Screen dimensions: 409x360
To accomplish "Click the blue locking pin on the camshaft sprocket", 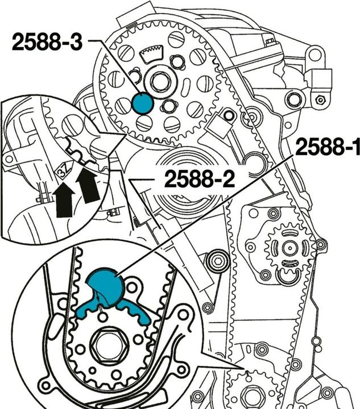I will pos(142,103).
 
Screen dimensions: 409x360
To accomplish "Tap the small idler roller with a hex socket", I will pos(216,261).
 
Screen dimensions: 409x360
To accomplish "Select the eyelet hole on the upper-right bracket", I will pos(312,56).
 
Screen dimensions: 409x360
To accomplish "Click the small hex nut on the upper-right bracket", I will pos(321,100).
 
